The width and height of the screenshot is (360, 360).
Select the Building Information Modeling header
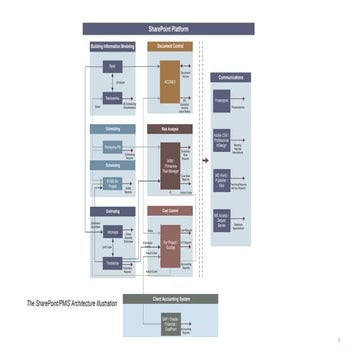pyautogui.click(x=111, y=47)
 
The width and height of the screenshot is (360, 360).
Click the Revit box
pyautogui.click(x=112, y=67)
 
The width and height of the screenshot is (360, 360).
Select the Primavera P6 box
pyautogui.click(x=112, y=147)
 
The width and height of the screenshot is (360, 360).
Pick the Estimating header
pyautogui.click(x=112, y=211)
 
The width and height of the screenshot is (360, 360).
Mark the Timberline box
pyautogui.click(x=112, y=262)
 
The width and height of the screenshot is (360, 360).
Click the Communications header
pyautogui.click(x=231, y=77)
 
